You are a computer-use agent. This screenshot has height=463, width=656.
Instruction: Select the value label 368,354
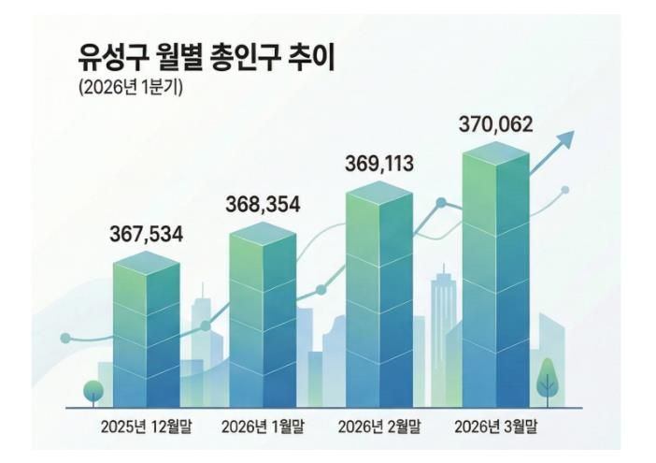click(264, 204)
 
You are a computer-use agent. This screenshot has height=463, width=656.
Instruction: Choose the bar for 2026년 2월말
click(378, 295)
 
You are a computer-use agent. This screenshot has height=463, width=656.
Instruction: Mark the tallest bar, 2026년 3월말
click(495, 276)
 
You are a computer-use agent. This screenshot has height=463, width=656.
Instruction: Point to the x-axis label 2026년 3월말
click(495, 427)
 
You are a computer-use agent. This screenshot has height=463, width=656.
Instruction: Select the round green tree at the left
click(93, 391)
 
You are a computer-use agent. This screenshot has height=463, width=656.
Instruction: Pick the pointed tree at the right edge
click(547, 384)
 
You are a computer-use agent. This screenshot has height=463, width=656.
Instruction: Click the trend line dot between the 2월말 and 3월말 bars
click(441, 203)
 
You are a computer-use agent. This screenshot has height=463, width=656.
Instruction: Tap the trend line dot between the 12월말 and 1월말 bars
click(206, 326)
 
